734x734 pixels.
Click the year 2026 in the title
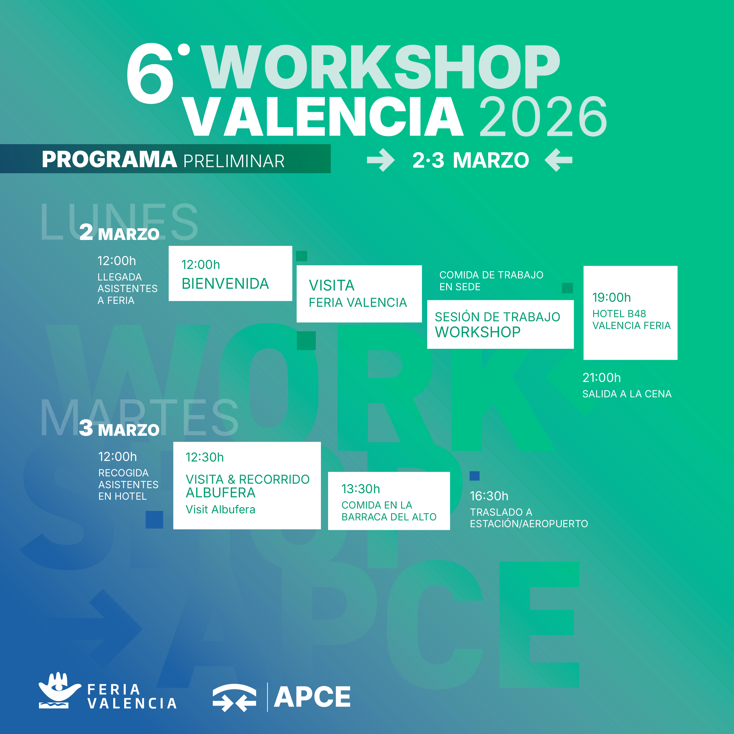[543, 116]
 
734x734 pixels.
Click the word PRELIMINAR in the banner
[234, 161]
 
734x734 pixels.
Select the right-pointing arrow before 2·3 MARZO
[381, 160]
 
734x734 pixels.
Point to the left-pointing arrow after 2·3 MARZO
[559, 160]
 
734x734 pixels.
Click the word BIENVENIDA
[225, 284]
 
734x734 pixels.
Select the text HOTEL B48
[619, 314]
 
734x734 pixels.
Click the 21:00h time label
[601, 378]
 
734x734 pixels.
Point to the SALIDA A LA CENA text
[627, 394]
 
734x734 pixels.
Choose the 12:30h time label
[204, 457]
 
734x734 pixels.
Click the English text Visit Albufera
[220, 509]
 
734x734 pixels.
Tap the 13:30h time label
[361, 489]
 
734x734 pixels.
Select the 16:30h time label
[489, 496]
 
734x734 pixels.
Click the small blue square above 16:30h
[475, 476]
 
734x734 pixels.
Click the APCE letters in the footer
[312, 697]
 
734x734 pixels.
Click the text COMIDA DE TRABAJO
[491, 275]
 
